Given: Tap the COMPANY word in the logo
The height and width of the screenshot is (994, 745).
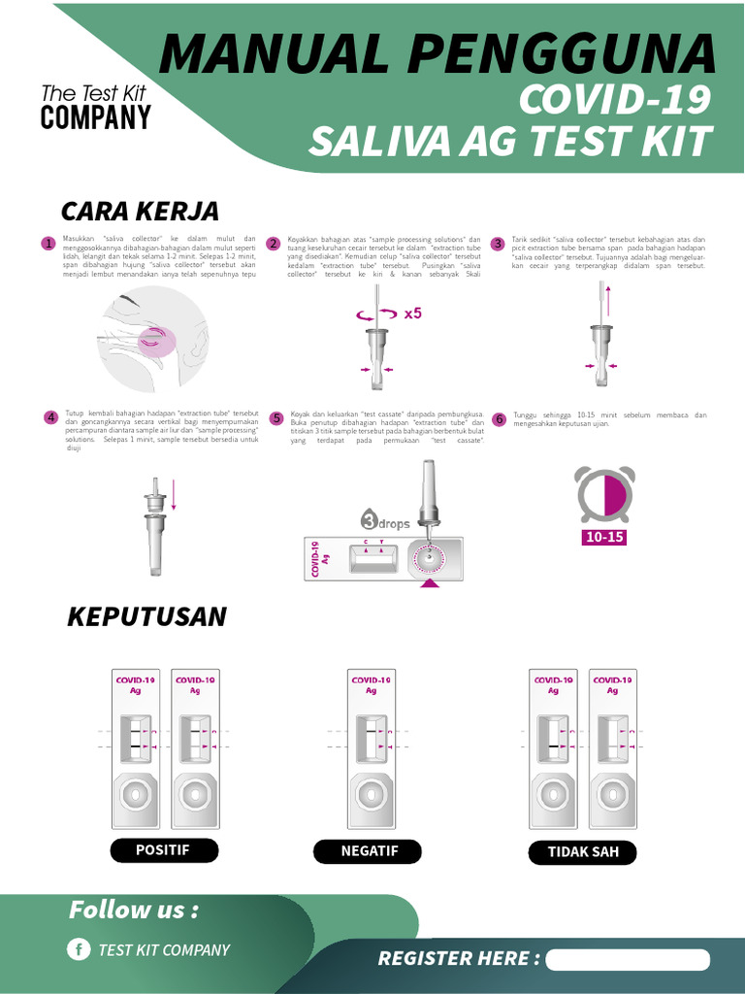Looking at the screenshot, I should click(96, 118).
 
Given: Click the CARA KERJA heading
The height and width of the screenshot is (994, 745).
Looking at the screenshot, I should click(140, 211).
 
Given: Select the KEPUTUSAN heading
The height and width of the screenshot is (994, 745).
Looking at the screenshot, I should click(146, 616).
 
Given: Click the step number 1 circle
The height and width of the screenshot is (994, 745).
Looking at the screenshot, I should click(47, 244).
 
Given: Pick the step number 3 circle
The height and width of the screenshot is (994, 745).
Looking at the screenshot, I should click(498, 244).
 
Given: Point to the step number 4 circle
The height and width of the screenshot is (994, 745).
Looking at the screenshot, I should click(50, 418).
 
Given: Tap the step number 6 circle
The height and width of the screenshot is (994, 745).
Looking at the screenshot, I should click(499, 419).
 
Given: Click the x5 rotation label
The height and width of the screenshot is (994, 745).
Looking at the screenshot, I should click(413, 314).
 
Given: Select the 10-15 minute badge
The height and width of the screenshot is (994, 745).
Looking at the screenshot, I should click(602, 537).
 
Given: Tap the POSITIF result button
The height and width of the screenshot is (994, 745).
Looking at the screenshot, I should click(163, 850).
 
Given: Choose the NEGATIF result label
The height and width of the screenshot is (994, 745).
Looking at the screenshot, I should click(369, 852).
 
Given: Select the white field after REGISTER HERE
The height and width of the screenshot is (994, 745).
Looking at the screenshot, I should click(628, 959).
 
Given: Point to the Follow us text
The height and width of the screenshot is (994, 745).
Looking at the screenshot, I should click(133, 911).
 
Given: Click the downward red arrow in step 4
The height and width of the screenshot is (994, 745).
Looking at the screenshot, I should click(175, 494).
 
